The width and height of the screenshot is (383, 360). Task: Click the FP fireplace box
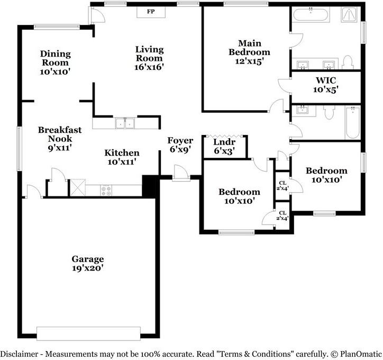(x=151, y=12)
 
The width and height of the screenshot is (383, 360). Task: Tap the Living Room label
(x=149, y=58)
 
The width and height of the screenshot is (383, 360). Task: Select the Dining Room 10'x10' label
(x=55, y=62)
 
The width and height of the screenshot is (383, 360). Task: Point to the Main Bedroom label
(x=249, y=52)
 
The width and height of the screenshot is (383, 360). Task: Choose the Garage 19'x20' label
(x=88, y=264)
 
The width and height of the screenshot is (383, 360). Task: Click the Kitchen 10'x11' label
(x=122, y=157)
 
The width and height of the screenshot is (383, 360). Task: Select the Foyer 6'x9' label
(x=180, y=145)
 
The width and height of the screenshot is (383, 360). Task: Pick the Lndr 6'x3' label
(x=224, y=147)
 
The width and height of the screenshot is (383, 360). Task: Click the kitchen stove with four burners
(x=106, y=191)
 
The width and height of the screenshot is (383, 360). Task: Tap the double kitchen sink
(x=125, y=123)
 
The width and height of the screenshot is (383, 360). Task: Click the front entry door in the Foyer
(x=180, y=172)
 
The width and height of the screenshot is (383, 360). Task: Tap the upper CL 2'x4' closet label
(x=282, y=185)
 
